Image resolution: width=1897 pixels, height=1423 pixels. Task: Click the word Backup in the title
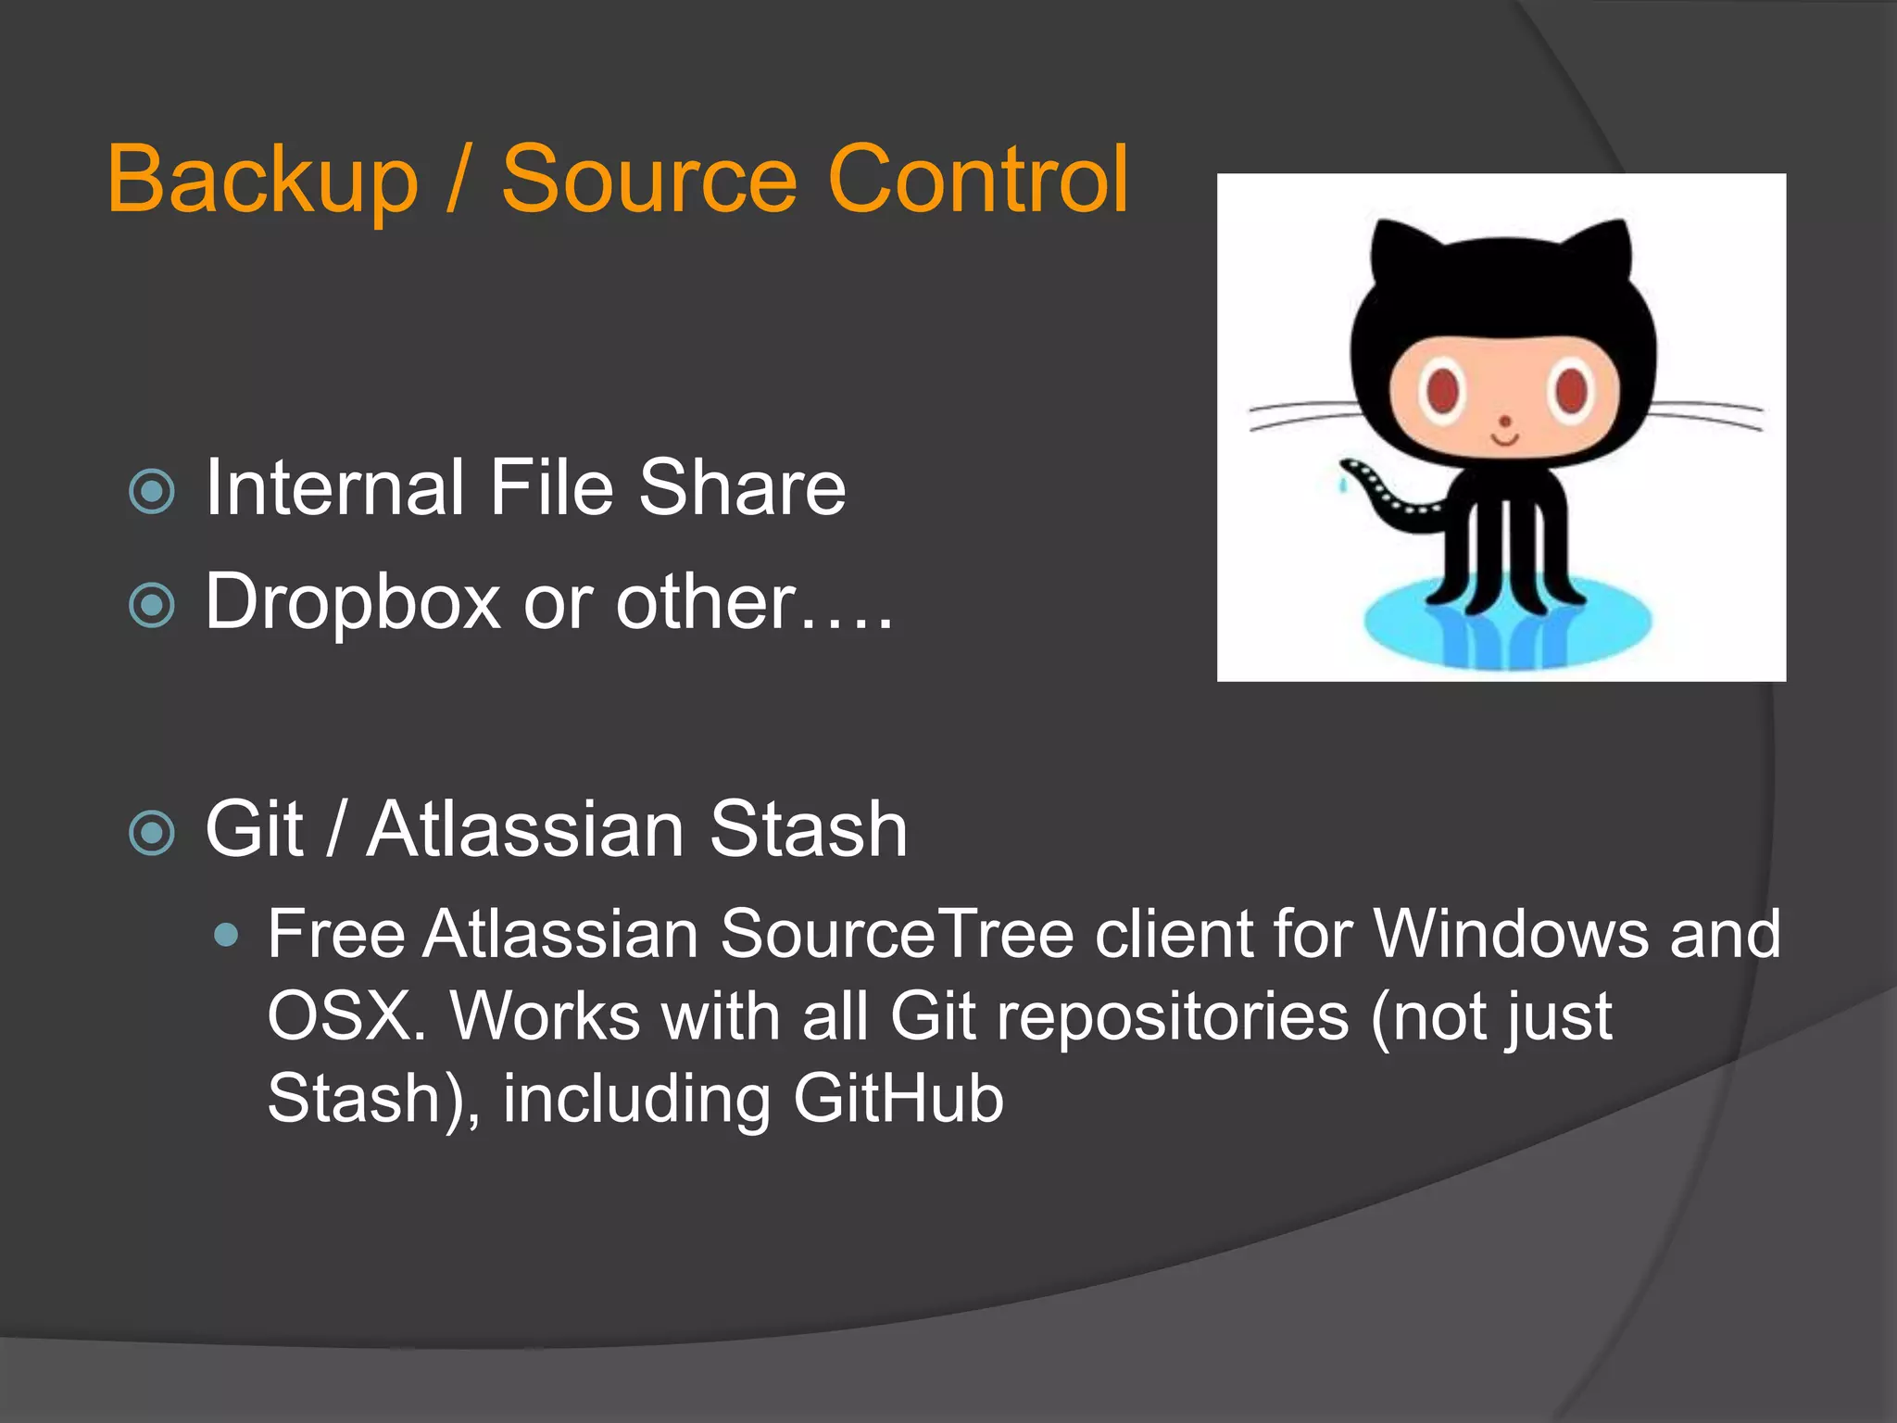click(263, 181)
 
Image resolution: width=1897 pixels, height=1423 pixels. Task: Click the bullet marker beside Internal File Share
click(153, 492)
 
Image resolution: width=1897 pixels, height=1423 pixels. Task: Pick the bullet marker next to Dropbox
click(153, 606)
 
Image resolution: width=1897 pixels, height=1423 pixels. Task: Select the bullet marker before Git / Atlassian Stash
click(153, 832)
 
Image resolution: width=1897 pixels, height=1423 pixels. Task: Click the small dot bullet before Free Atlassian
click(225, 935)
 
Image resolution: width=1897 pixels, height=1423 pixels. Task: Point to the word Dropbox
click(353, 603)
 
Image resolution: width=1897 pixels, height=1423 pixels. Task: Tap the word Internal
click(334, 488)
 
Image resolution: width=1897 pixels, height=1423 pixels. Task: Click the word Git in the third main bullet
click(254, 828)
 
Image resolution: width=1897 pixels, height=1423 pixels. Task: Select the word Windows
click(1511, 934)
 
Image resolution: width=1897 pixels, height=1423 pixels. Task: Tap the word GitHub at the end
click(898, 1099)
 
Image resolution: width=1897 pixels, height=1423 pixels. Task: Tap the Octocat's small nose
click(1505, 422)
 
